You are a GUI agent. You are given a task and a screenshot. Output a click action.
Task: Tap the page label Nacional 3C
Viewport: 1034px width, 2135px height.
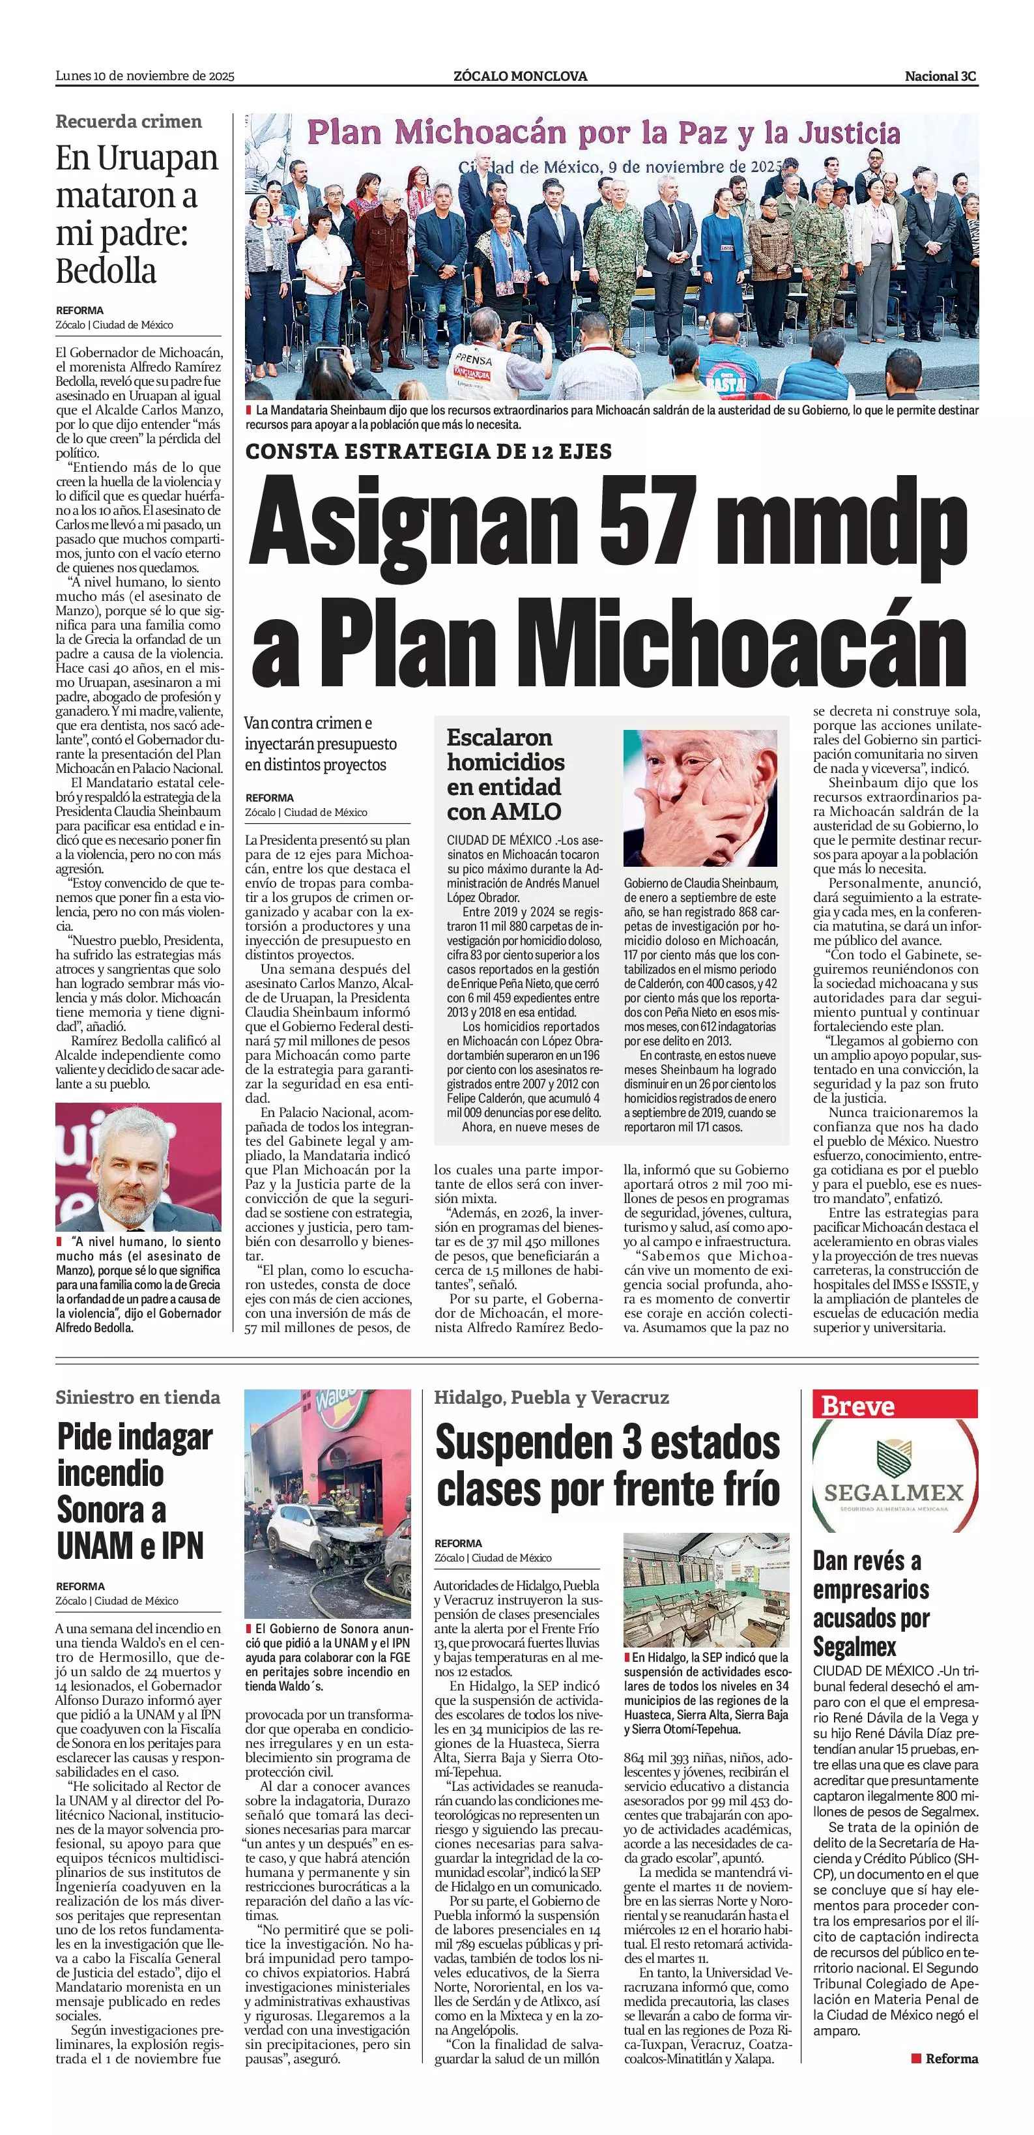pos(940,76)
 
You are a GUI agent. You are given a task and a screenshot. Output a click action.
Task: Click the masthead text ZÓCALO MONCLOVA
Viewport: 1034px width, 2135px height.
pos(521,76)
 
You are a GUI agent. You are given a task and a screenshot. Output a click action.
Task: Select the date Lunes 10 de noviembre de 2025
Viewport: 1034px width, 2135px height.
pos(145,76)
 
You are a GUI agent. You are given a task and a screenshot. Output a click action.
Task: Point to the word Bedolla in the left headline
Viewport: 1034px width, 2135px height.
pos(106,271)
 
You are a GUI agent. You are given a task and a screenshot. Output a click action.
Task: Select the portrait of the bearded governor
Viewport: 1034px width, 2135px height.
pos(138,1167)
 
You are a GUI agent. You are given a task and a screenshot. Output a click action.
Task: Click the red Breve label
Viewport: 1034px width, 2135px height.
pos(857,1406)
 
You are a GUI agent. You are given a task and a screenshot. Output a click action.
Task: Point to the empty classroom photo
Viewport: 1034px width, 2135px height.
pos(706,1590)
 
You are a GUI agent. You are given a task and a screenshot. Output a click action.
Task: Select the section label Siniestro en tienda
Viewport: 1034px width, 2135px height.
pos(137,1397)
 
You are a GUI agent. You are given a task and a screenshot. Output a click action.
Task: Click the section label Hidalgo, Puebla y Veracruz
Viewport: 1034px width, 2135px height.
pos(551,1397)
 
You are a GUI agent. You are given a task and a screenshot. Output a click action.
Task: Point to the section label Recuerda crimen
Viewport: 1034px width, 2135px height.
pos(128,121)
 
